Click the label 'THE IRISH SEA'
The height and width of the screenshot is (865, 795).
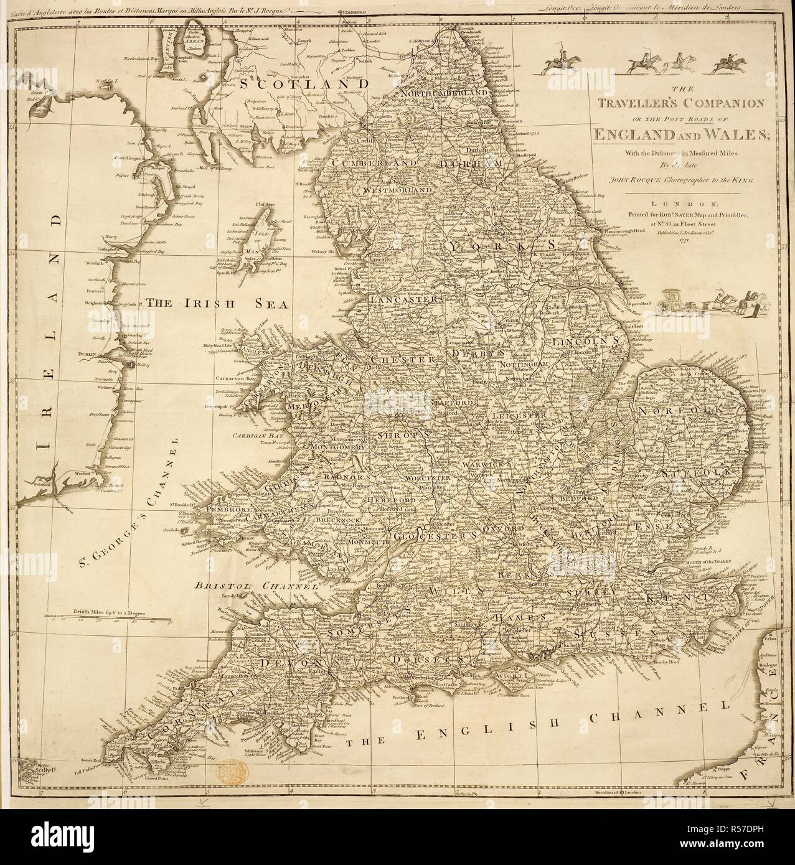click(x=215, y=304)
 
